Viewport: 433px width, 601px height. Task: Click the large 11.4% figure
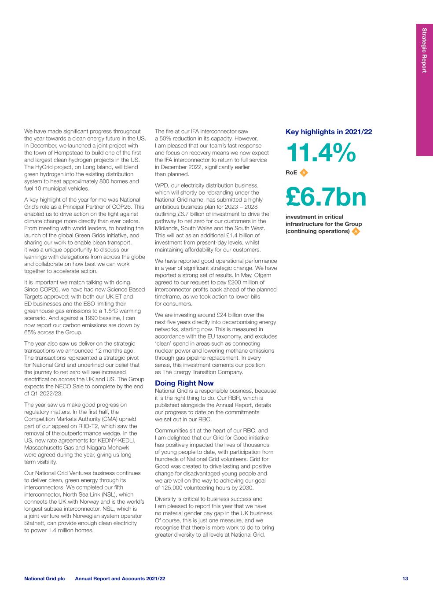point(321,152)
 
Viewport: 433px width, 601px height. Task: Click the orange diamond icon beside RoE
point(304,173)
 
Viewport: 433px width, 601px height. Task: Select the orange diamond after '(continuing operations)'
point(356,231)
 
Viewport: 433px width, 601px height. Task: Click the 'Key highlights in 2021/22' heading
point(329,132)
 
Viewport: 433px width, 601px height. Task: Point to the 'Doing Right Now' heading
point(184,383)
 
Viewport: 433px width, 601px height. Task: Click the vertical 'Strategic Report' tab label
point(424,50)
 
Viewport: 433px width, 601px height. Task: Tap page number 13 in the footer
point(405,579)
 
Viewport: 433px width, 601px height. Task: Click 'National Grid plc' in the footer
point(44,579)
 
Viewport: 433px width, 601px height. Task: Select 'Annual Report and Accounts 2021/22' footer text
point(120,579)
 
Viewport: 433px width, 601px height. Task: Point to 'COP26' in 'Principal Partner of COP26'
point(134,207)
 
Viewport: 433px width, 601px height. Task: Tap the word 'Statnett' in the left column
point(35,523)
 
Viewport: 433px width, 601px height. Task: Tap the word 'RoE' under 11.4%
point(291,173)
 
